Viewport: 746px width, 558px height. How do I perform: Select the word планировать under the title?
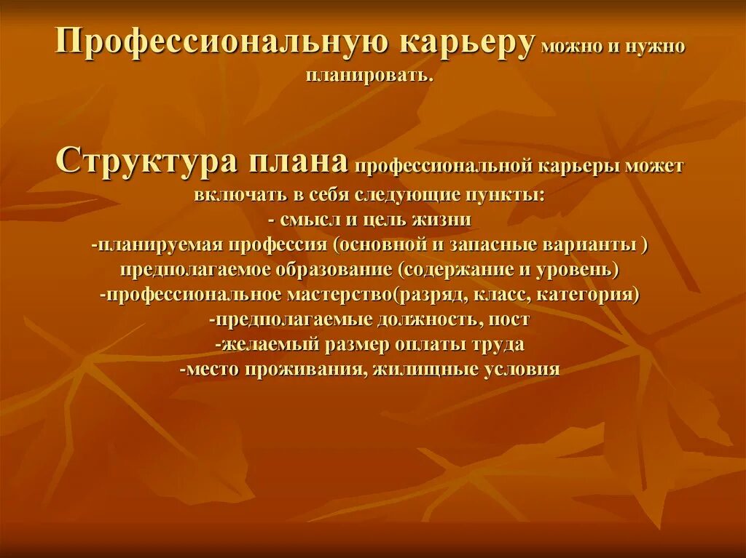coord(370,75)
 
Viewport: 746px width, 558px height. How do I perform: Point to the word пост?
coord(509,319)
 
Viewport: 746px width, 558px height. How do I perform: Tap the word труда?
coord(498,343)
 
